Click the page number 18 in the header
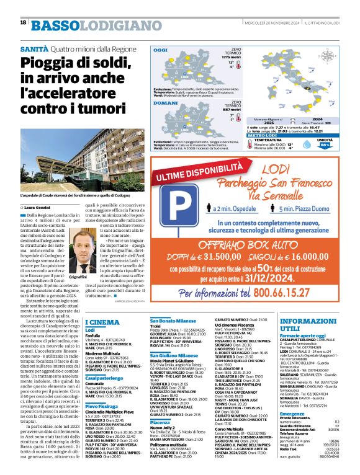tap(23, 22)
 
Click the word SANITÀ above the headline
tap(34, 48)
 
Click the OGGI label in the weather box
tap(161, 50)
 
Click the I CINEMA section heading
tap(102, 322)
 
